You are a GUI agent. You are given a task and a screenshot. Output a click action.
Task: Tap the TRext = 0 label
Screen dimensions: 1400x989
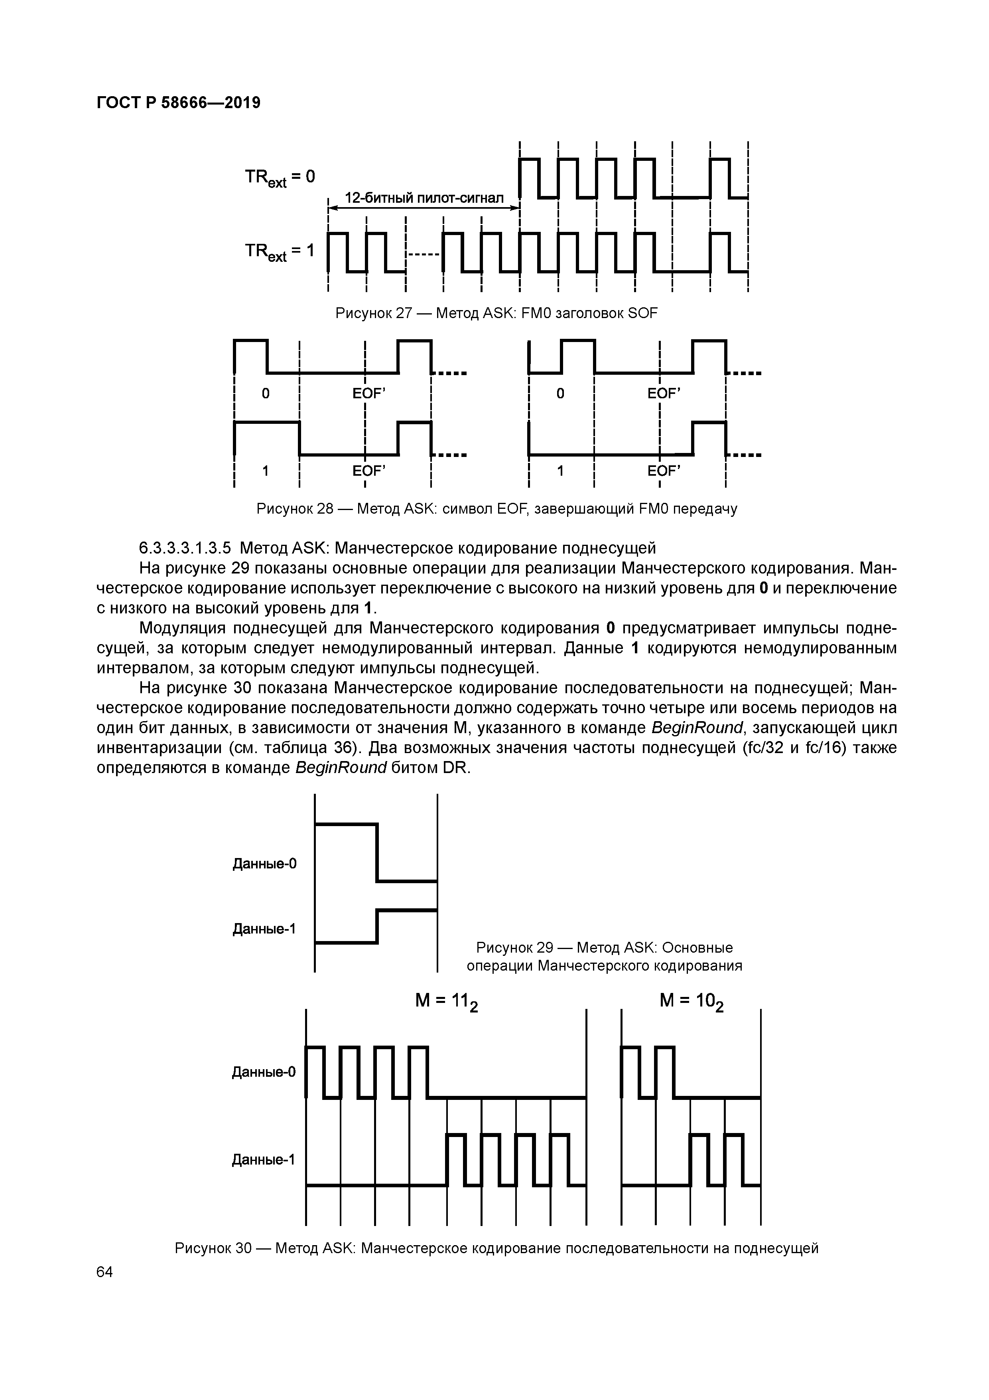[280, 178]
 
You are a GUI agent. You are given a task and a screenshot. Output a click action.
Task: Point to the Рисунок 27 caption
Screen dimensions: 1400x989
[496, 313]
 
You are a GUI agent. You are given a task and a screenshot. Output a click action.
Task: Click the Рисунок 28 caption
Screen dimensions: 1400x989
[496, 508]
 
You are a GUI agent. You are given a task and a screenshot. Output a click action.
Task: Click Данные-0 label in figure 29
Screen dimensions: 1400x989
[264, 863]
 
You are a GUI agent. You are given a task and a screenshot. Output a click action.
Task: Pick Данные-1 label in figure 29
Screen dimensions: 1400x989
[264, 929]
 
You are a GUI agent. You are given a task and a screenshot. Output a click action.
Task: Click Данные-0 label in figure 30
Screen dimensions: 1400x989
[264, 1071]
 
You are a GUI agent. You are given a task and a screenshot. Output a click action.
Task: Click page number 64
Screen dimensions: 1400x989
[105, 1272]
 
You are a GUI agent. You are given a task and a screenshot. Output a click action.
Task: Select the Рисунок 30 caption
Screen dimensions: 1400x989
[496, 1248]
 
